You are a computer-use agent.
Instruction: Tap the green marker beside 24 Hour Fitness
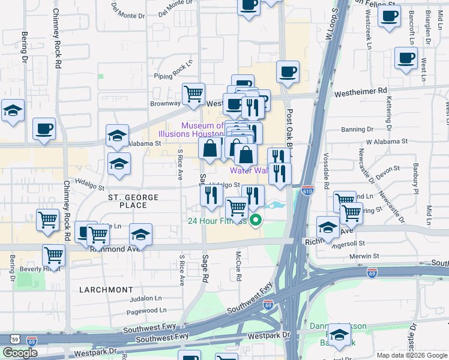256,221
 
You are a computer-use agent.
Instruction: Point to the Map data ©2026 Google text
412,355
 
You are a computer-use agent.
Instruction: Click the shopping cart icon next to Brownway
193,94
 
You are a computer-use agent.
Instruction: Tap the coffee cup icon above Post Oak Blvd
287,71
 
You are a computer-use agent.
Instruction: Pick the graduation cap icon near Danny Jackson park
339,335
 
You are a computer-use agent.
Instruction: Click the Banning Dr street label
357,130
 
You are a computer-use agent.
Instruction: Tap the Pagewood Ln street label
146,310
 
